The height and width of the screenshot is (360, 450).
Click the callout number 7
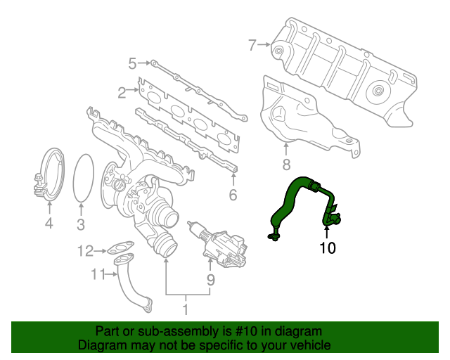pyautogui.click(x=252, y=46)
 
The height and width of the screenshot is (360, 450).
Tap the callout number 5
pyautogui.click(x=131, y=65)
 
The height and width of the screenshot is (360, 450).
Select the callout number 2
pyautogui.click(x=122, y=91)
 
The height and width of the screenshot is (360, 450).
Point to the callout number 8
pyautogui.click(x=286, y=166)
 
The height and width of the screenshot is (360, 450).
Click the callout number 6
pyautogui.click(x=233, y=195)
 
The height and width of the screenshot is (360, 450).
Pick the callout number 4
pyautogui.click(x=49, y=224)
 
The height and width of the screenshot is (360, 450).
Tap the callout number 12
pyautogui.click(x=85, y=250)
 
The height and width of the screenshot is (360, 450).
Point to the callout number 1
pyautogui.click(x=186, y=308)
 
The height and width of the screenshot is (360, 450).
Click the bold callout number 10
pyautogui.click(x=328, y=247)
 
